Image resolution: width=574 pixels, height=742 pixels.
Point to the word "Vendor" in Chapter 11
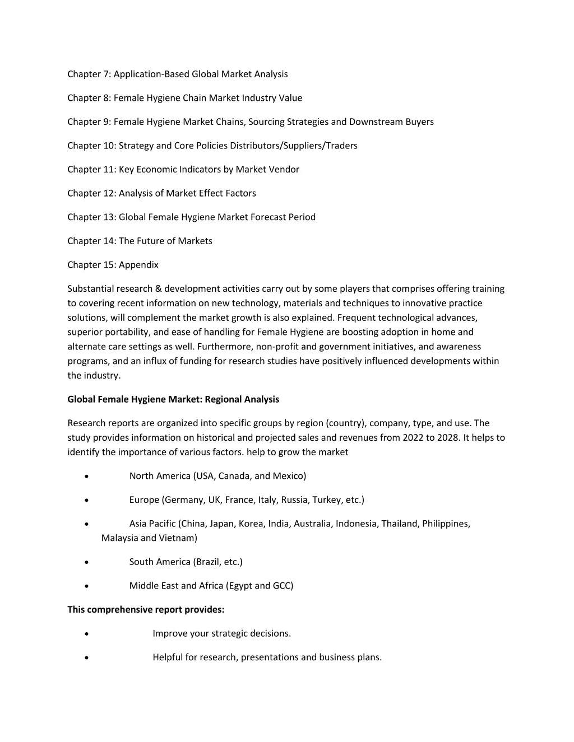point(284,170)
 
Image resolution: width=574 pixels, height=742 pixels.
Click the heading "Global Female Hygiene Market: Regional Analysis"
point(173,399)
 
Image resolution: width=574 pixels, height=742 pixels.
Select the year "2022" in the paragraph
point(413,438)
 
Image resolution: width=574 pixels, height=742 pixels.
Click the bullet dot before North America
point(86,477)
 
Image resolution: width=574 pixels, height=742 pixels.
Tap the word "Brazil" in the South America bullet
point(208,562)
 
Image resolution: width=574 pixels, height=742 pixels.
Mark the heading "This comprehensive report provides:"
point(146,609)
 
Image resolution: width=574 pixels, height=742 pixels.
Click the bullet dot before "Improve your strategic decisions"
point(86,634)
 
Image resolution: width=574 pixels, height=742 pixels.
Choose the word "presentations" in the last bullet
point(270,657)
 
